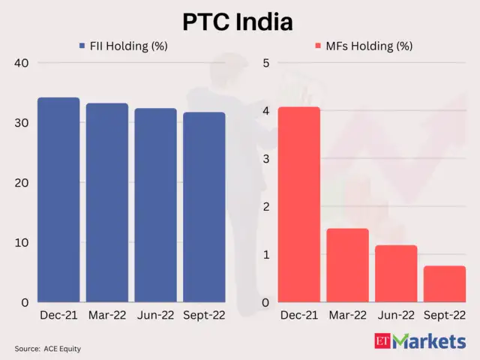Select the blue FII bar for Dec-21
pyautogui.click(x=58, y=200)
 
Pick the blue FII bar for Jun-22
pyautogui.click(x=155, y=205)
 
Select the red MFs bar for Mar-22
pyautogui.click(x=347, y=265)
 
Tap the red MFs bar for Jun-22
pyautogui.click(x=396, y=274)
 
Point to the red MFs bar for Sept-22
pyautogui.click(x=444, y=284)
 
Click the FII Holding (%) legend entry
pyautogui.click(x=123, y=46)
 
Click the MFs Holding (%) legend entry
pyautogui.click(x=364, y=46)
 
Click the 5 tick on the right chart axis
pyautogui.click(x=264, y=63)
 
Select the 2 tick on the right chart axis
pyautogui.click(x=264, y=207)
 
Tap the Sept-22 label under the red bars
pyautogui.click(x=445, y=317)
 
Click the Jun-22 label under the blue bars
pyautogui.click(x=155, y=317)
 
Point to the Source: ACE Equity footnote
pyautogui.click(x=47, y=349)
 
